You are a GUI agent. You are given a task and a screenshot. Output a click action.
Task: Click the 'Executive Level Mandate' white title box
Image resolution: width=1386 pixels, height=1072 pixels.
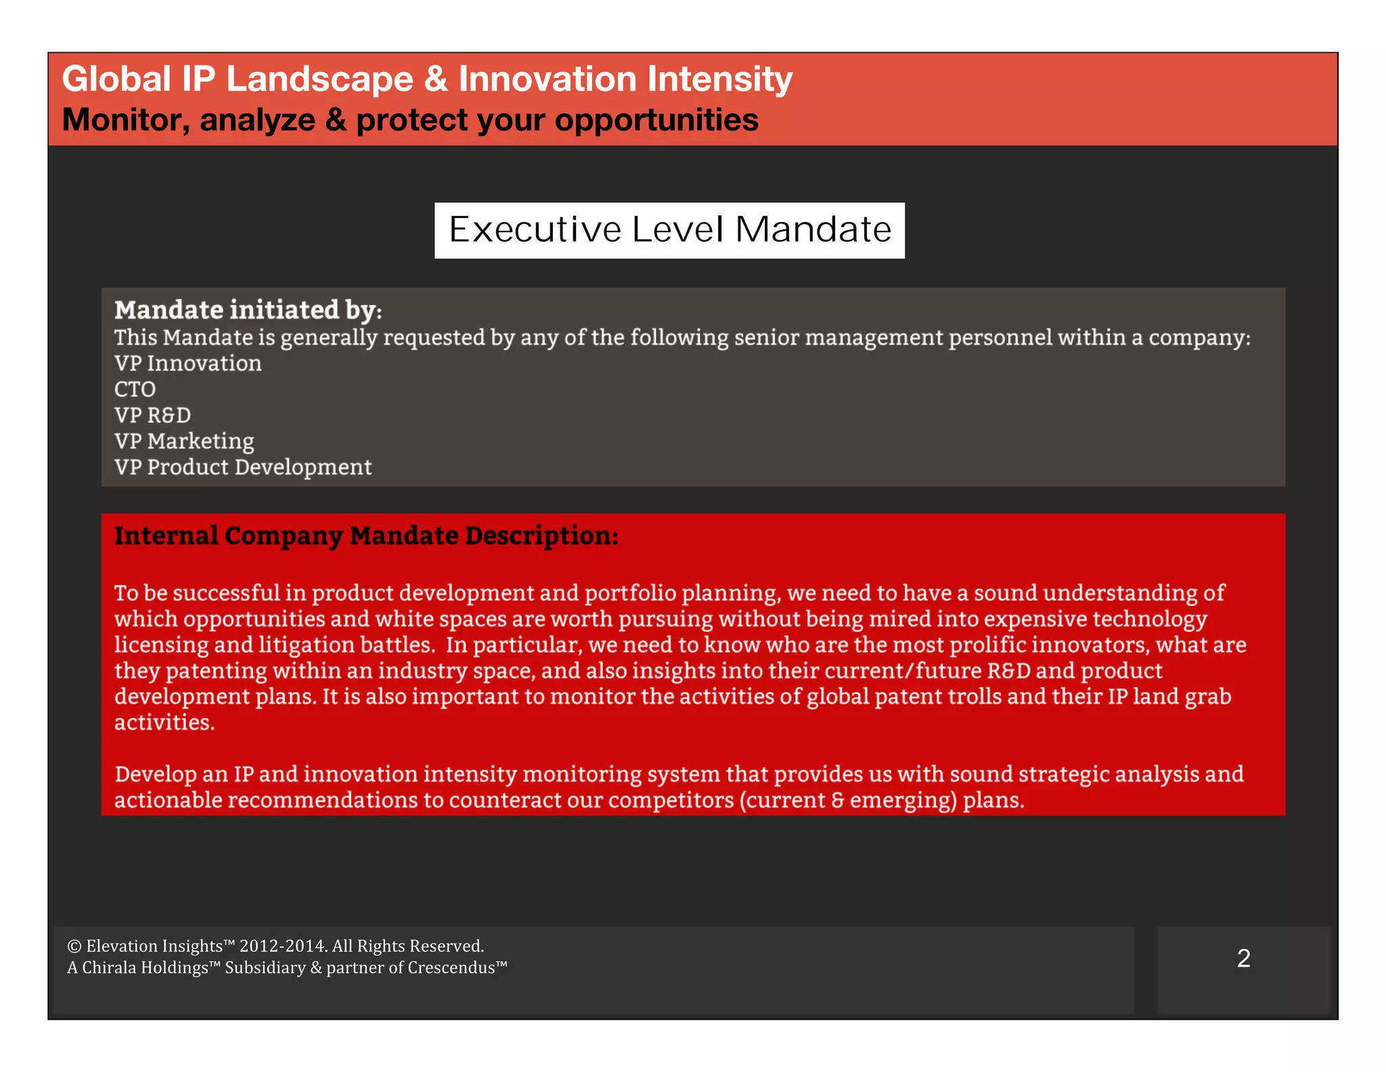(x=669, y=230)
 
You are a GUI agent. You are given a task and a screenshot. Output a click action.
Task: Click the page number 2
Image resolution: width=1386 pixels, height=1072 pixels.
(x=1243, y=958)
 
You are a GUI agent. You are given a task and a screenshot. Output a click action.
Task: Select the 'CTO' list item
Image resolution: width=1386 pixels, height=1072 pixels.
(x=135, y=389)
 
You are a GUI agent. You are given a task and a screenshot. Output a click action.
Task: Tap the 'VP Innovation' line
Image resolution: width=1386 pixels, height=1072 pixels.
(x=187, y=363)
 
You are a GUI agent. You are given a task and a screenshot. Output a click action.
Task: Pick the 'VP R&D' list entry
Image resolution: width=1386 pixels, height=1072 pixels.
(x=152, y=415)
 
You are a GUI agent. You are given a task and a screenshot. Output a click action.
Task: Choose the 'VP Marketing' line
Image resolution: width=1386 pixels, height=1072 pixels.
(x=184, y=441)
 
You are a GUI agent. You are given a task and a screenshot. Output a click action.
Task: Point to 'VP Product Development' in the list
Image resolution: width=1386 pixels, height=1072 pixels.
(x=243, y=467)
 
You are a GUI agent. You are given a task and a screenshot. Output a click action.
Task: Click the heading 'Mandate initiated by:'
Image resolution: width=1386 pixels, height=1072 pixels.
(x=248, y=310)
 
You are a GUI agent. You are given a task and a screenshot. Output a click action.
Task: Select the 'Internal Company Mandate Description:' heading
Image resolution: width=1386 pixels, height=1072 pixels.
(x=366, y=535)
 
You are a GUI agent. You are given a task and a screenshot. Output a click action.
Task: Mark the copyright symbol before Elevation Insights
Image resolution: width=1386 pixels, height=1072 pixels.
(x=74, y=946)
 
